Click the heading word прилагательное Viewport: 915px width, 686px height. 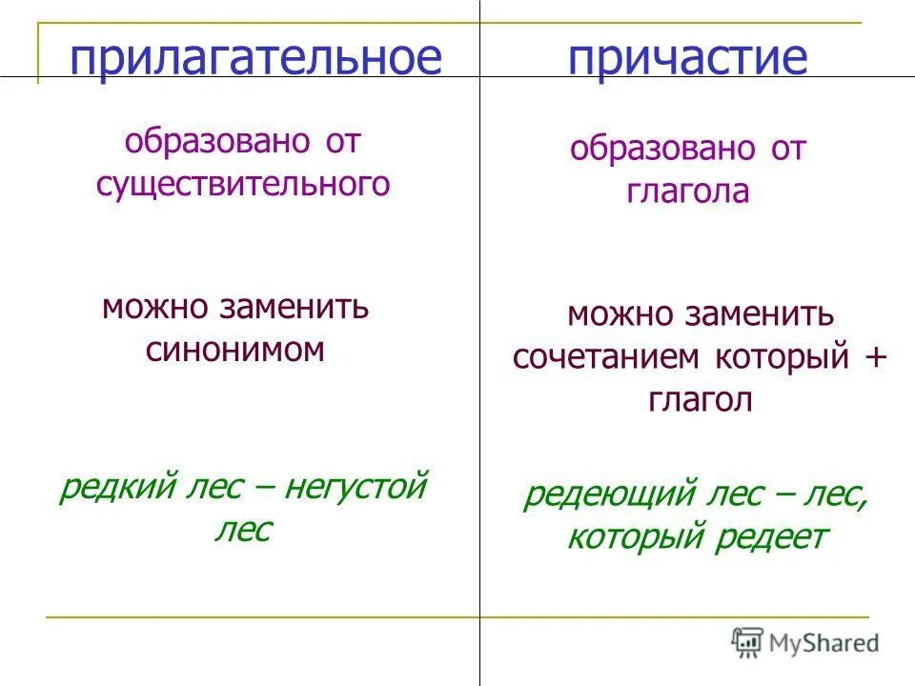point(255,58)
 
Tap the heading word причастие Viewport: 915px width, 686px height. point(687,58)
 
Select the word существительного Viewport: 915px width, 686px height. point(243,184)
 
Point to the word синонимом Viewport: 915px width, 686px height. point(235,350)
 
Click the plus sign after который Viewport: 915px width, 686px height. point(876,358)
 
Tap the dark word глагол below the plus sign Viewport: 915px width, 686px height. point(701,400)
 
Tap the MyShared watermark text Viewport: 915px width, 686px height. point(825,642)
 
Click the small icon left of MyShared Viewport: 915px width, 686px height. point(748,641)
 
